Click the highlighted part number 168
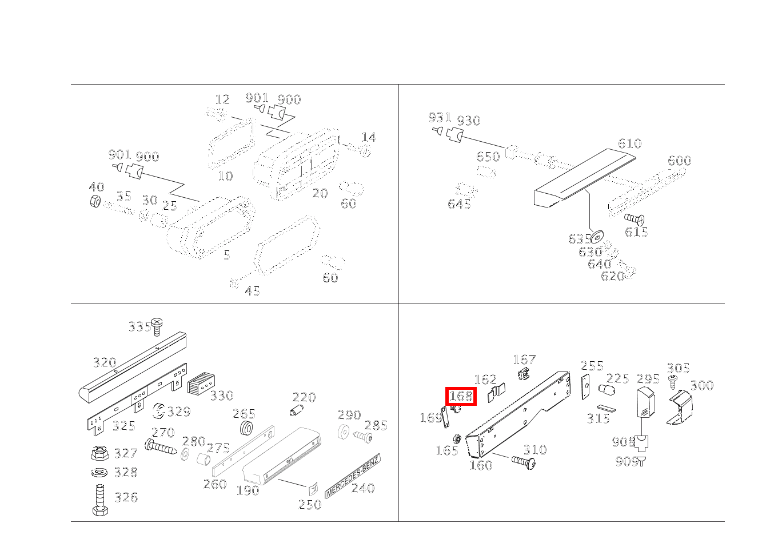pyautogui.click(x=461, y=396)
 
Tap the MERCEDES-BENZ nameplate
pyautogui.click(x=352, y=476)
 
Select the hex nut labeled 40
pyautogui.click(x=96, y=201)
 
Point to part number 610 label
pyautogui.click(x=629, y=143)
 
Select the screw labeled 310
pyautogui.click(x=523, y=461)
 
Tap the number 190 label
pyautogui.click(x=248, y=490)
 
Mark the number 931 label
pyautogui.click(x=440, y=118)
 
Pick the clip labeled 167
pyautogui.click(x=523, y=375)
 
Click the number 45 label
pyautogui.click(x=252, y=292)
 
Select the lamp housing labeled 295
pyautogui.click(x=644, y=403)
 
